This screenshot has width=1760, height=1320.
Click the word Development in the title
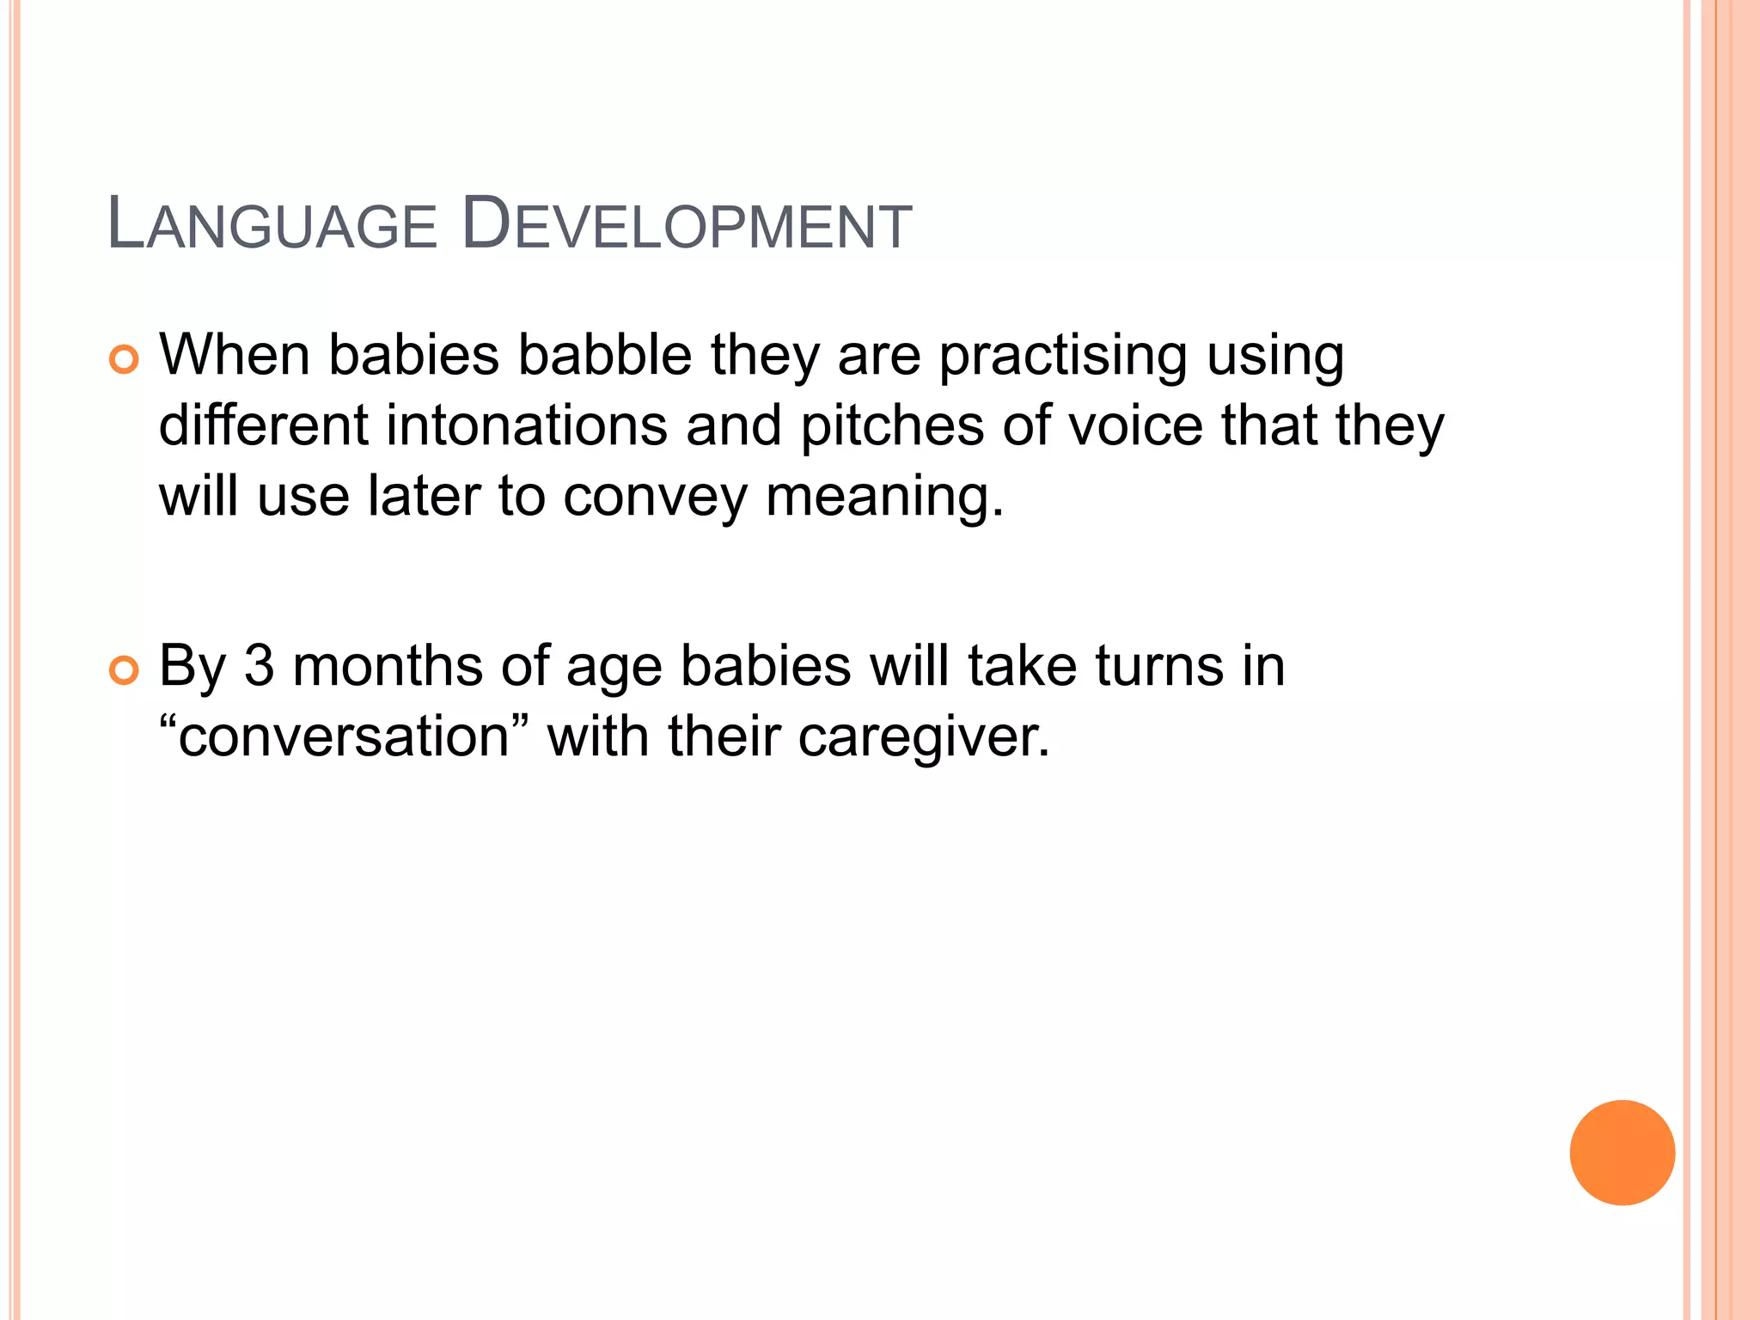686,225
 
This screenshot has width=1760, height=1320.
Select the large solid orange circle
1622,1152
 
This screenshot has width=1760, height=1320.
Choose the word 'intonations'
526,425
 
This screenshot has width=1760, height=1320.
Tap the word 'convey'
656,498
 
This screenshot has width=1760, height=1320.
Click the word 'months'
388,665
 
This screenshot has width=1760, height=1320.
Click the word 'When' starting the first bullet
234,354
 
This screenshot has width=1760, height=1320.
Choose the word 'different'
264,425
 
